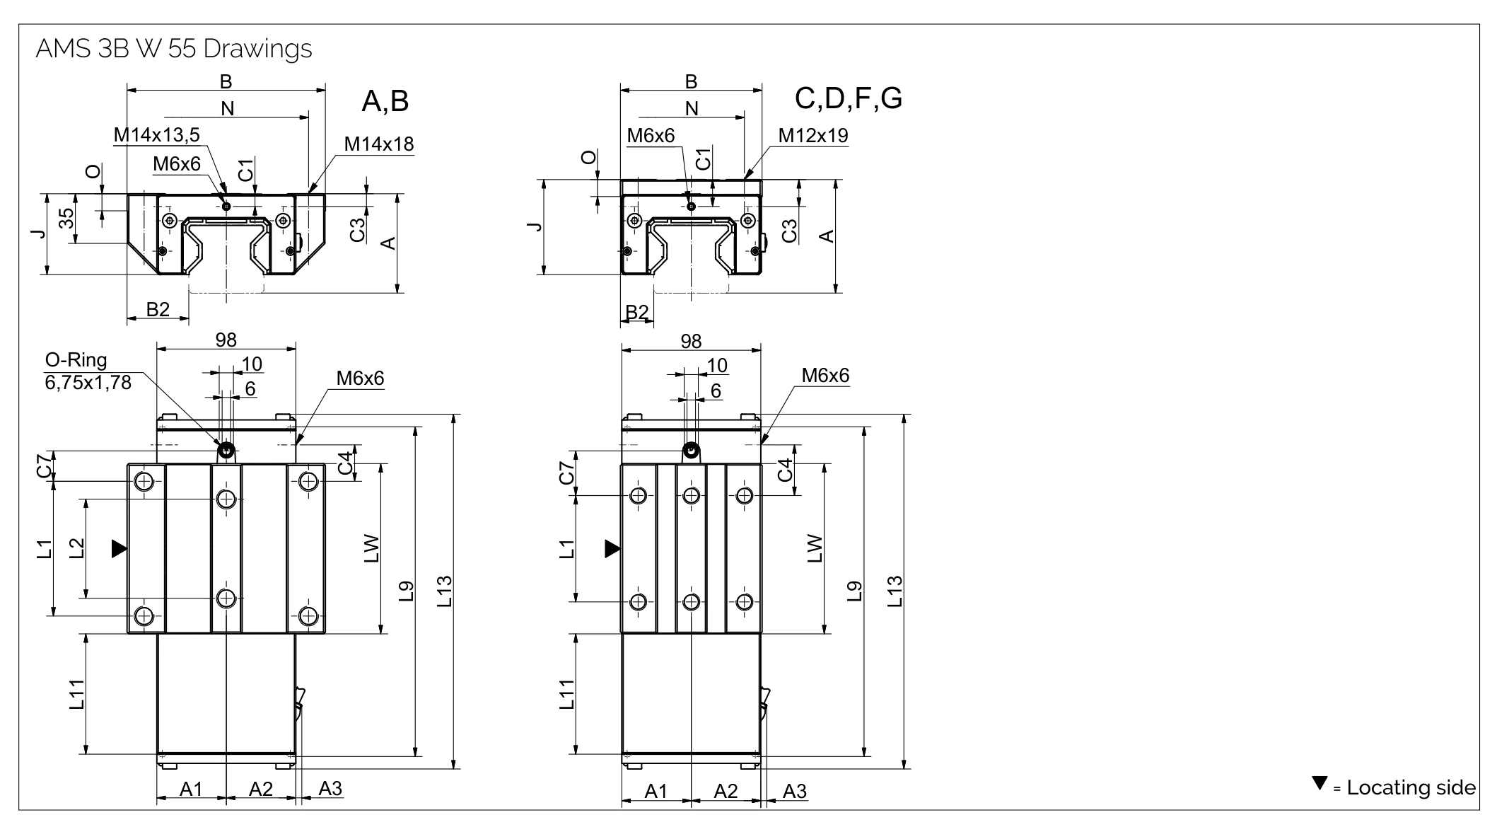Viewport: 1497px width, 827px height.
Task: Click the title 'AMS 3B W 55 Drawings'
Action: pyautogui.click(x=173, y=49)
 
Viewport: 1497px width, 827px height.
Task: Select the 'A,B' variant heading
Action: pyautogui.click(x=385, y=101)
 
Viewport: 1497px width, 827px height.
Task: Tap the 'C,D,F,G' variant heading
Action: pyautogui.click(x=848, y=98)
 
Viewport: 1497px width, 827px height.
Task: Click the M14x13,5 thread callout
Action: pyautogui.click(x=156, y=134)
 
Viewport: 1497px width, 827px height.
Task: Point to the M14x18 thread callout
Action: pyautogui.click(x=378, y=144)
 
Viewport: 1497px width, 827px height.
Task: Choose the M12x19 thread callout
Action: pyautogui.click(x=812, y=135)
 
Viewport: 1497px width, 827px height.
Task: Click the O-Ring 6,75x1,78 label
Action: pyautogui.click(x=88, y=371)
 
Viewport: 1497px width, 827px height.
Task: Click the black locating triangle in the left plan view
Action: pyautogui.click(x=119, y=548)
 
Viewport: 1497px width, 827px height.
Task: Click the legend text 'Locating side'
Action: pyautogui.click(x=1410, y=787)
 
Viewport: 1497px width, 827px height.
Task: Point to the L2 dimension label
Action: pyautogui.click(x=77, y=548)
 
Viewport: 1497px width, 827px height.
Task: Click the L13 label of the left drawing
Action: pyautogui.click(x=444, y=591)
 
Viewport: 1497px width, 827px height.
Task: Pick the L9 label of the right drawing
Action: pyautogui.click(x=855, y=591)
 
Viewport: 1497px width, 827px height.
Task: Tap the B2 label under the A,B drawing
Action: pyautogui.click(x=158, y=309)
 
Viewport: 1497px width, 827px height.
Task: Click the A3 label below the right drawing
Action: pyautogui.click(x=794, y=792)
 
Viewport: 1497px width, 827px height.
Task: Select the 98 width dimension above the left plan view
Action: pyautogui.click(x=226, y=340)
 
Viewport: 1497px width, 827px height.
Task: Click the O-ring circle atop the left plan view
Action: pyautogui.click(x=226, y=450)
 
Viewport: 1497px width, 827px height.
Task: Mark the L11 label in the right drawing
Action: pyautogui.click(x=567, y=694)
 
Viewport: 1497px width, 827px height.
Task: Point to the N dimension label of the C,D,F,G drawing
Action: pyautogui.click(x=692, y=108)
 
